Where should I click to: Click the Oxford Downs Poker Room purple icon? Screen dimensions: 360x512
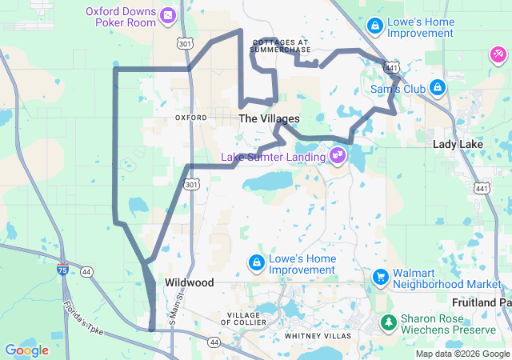pos(167,15)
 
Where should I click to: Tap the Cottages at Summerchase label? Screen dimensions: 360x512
pos(280,46)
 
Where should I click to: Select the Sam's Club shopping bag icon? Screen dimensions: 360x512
pos(438,87)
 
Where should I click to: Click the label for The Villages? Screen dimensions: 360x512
pos(270,118)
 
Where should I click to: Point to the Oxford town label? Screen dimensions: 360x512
pos(191,117)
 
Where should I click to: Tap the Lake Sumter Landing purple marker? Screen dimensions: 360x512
pos(338,154)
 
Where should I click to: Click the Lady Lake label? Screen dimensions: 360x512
pos(458,144)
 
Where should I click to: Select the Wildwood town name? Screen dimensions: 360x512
pos(190,282)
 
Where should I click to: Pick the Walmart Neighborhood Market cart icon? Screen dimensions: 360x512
pos(381,277)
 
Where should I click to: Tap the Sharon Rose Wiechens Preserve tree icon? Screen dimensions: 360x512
pos(389,322)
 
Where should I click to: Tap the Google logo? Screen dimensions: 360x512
pos(26,350)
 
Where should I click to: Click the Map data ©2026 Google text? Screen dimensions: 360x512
pos(461,354)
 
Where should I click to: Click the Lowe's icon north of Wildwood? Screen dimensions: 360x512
pos(257,262)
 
